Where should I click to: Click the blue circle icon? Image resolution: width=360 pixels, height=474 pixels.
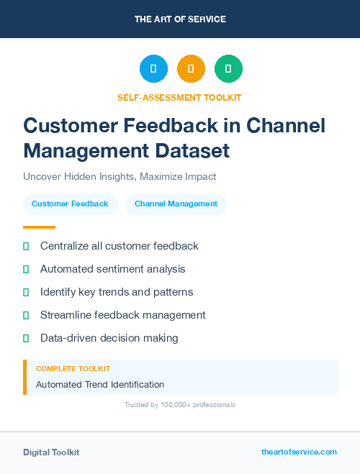[x=153, y=68]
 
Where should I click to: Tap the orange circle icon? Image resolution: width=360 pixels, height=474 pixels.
[x=191, y=68]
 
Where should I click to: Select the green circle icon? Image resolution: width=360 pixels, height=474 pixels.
[x=228, y=68]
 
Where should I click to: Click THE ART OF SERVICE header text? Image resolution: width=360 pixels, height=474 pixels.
[x=180, y=19]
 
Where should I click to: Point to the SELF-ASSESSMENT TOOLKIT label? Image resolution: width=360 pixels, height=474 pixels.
[x=179, y=97]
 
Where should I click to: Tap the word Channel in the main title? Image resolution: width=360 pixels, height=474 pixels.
[x=286, y=125]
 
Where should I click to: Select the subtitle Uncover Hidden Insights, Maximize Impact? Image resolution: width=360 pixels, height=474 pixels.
[x=120, y=176]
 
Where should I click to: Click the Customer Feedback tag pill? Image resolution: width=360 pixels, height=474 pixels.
[x=70, y=204]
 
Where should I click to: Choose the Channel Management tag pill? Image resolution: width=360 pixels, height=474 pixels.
[x=176, y=204]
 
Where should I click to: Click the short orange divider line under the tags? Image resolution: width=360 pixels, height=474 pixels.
[x=34, y=227]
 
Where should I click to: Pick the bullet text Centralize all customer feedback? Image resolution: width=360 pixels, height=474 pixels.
[x=119, y=246]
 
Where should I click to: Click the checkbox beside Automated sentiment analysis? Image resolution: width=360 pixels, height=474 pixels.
[x=26, y=269]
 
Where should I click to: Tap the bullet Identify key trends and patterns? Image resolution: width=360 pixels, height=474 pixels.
[x=117, y=292]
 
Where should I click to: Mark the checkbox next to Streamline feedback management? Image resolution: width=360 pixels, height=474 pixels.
[x=26, y=315]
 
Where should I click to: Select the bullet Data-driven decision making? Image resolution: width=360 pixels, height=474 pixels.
[x=109, y=338]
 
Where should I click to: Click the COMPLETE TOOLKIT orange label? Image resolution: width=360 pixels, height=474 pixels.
[x=73, y=369]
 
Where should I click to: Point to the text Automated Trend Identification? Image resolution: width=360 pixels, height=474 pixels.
[x=100, y=385]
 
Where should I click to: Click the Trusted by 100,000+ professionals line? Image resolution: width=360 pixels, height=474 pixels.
[x=180, y=405]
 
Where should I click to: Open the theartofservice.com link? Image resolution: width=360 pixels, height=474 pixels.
[x=299, y=452]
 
